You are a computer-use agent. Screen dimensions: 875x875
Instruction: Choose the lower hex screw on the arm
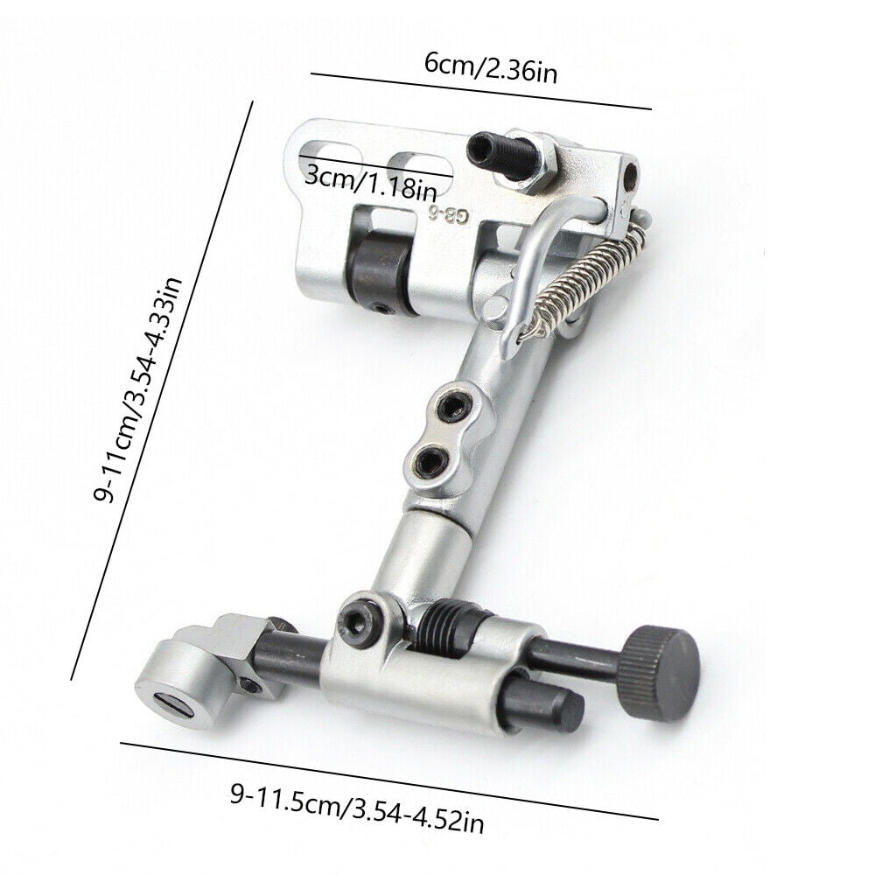[x=430, y=457]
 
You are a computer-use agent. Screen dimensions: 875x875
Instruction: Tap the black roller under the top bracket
[x=378, y=273]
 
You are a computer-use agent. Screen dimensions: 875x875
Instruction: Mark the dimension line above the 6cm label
[x=480, y=92]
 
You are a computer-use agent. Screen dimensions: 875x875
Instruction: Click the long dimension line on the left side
[x=162, y=389]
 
